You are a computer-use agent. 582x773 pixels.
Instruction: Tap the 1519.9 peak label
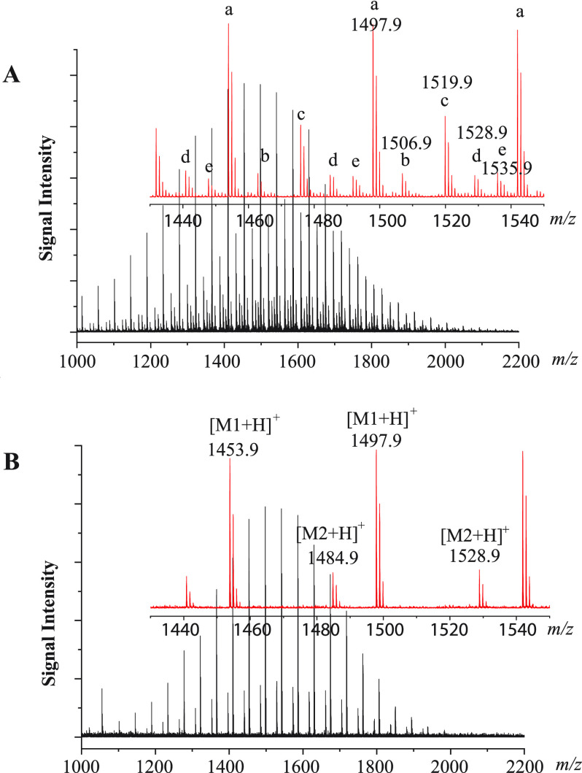446,82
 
